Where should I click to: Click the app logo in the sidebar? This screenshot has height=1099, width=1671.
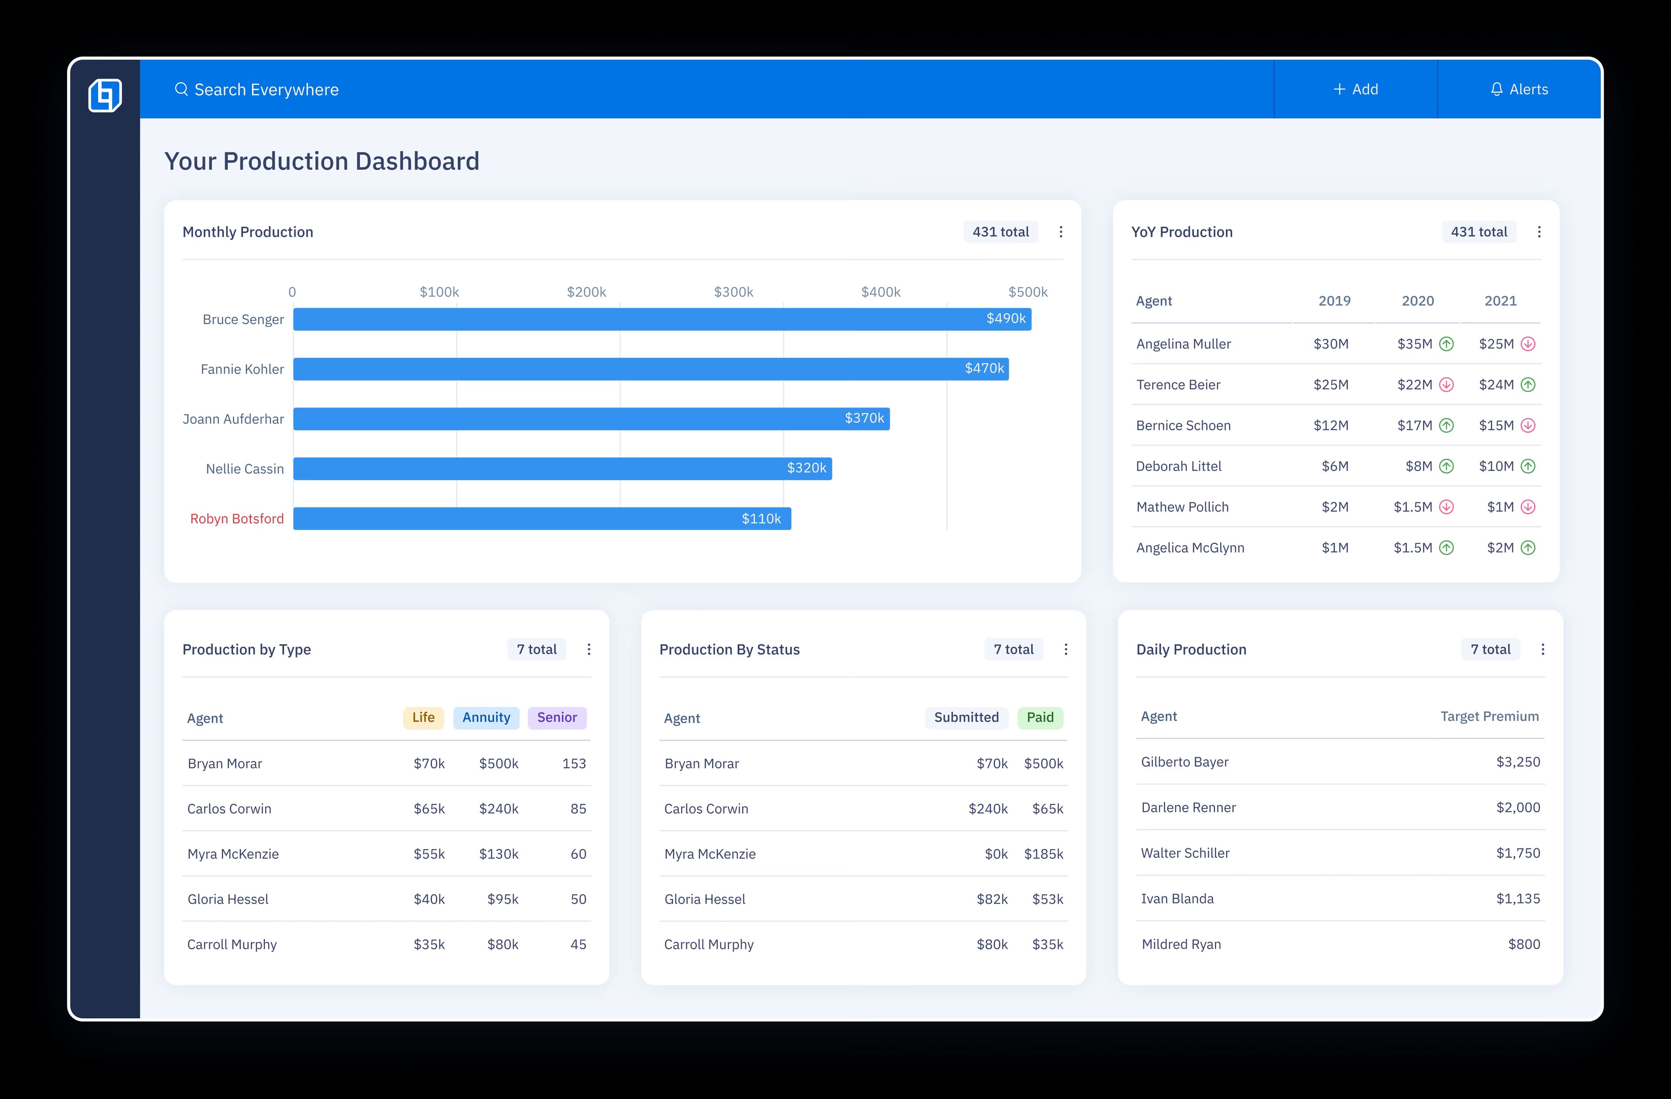click(x=105, y=95)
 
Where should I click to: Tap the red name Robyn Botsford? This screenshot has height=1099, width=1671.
click(x=237, y=518)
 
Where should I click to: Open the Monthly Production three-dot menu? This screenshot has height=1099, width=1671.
click(x=1060, y=232)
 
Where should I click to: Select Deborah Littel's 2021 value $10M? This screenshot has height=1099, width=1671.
click(x=1496, y=466)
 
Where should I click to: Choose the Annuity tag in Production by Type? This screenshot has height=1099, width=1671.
click(x=486, y=717)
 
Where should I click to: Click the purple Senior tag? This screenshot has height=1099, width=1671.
click(x=557, y=717)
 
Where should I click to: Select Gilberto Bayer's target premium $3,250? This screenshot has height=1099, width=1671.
click(x=1517, y=762)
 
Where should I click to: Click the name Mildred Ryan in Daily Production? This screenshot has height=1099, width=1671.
click(x=1181, y=945)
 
